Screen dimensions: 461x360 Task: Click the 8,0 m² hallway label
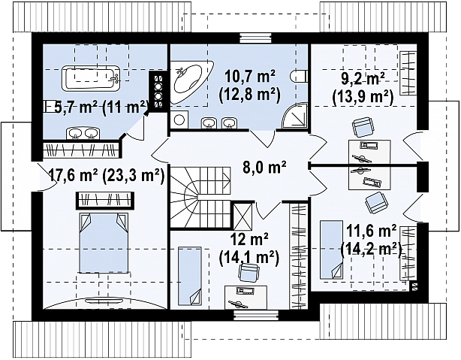[264, 168]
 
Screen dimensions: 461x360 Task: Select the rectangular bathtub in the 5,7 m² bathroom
[91, 77]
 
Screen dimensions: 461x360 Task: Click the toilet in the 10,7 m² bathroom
[298, 76]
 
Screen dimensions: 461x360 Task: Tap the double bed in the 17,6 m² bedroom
[104, 243]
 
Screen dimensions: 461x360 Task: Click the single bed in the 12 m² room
[190, 277]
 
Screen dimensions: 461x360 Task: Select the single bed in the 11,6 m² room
[331, 250]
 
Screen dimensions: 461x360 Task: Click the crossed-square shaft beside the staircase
[243, 216]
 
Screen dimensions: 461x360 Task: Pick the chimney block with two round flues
[158, 91]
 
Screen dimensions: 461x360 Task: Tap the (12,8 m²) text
[249, 95]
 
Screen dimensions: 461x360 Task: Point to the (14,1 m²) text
[249, 258]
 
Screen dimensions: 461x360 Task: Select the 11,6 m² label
[372, 231]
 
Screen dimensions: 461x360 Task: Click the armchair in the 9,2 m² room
[363, 127]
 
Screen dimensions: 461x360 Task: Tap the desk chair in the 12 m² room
[249, 272]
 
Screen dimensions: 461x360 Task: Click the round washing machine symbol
[179, 119]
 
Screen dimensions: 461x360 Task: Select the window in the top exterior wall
[255, 38]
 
